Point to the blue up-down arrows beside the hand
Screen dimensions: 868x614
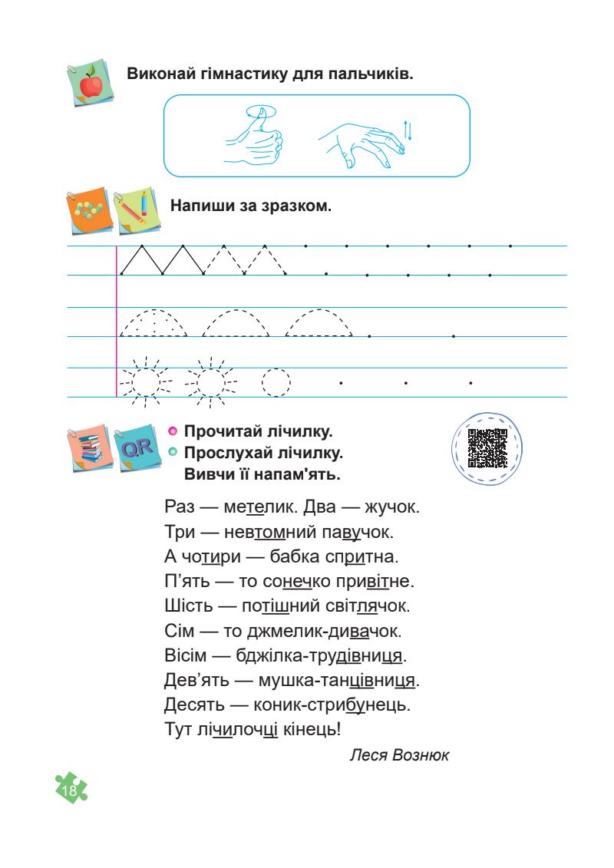point(408,130)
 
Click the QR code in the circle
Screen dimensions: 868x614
point(487,447)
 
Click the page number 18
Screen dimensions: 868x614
point(71,790)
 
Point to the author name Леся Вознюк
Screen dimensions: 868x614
point(398,754)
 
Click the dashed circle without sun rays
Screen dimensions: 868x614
point(276,381)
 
